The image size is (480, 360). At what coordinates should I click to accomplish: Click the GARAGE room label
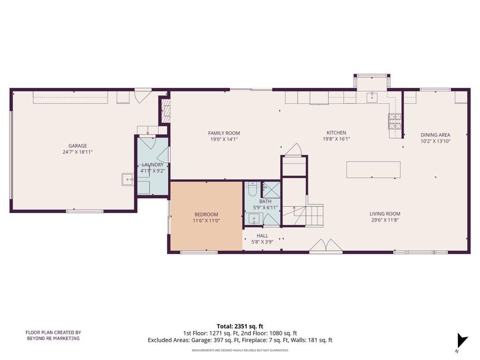(77, 146)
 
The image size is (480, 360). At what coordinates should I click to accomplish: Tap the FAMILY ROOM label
(224, 133)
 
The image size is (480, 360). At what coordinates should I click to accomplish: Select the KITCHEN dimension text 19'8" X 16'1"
(336, 139)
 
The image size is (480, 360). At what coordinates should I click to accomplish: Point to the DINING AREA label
(435, 135)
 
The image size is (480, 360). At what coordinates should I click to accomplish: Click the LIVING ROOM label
(385, 214)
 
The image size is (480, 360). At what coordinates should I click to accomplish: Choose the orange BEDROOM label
(206, 215)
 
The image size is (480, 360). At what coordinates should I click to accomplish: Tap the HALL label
(262, 236)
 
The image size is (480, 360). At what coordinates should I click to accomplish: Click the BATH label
(265, 202)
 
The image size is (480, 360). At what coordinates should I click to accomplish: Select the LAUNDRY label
(152, 165)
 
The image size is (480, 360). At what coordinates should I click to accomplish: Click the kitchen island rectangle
(374, 170)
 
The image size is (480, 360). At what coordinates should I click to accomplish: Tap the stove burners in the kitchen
(395, 121)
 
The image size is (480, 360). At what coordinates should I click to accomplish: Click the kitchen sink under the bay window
(372, 97)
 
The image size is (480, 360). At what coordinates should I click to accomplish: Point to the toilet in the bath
(253, 189)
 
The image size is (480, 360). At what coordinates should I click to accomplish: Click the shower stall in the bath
(271, 190)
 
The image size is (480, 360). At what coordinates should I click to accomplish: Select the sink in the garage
(127, 180)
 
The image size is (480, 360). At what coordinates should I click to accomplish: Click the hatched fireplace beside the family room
(165, 111)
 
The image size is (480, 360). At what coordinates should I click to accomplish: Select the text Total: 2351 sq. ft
(240, 326)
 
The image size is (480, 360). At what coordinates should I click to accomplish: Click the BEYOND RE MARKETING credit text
(53, 338)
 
